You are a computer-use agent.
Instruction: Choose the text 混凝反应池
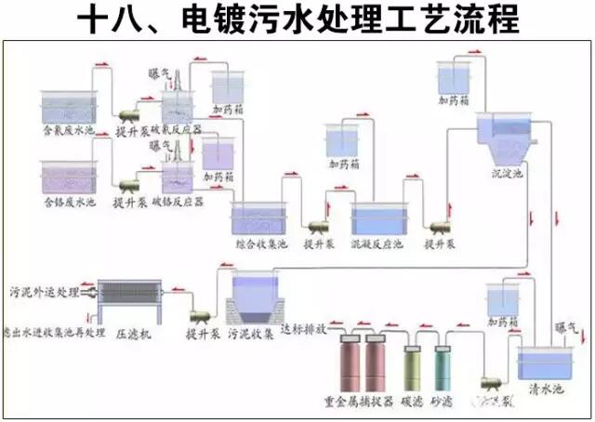pyautogui.click(x=377, y=244)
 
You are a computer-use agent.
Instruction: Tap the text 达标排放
pyautogui.click(x=306, y=329)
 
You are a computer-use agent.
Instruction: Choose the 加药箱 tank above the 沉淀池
pyautogui.click(x=456, y=80)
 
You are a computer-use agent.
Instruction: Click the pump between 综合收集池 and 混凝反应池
pyautogui.click(x=318, y=223)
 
